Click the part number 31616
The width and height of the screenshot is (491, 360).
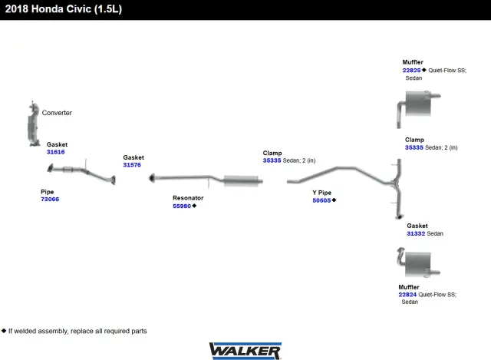point(55,152)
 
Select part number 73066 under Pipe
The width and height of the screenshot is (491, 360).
point(50,200)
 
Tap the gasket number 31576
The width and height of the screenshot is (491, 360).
point(132,165)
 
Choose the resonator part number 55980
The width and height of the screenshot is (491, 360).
point(182,206)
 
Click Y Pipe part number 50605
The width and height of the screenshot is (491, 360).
point(321,200)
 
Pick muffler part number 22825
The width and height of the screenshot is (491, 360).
point(411,70)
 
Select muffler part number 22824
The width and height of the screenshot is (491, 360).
point(407,295)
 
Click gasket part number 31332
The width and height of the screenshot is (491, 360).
point(416,233)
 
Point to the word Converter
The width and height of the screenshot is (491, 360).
point(57,113)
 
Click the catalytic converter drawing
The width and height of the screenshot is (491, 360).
point(33,125)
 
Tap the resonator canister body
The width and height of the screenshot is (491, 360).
point(241,181)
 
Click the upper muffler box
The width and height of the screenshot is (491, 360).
point(418,103)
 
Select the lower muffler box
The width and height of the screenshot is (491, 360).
point(417,264)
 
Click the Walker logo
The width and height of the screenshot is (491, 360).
point(245,351)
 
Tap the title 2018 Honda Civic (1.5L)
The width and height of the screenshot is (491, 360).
point(64,8)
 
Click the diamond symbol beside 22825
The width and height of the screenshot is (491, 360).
point(424,70)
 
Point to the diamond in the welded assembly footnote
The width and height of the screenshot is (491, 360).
point(4,331)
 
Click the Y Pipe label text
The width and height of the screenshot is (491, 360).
point(321,193)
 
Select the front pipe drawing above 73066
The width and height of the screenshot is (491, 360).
point(81,172)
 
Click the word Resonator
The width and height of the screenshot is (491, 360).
point(188,198)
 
